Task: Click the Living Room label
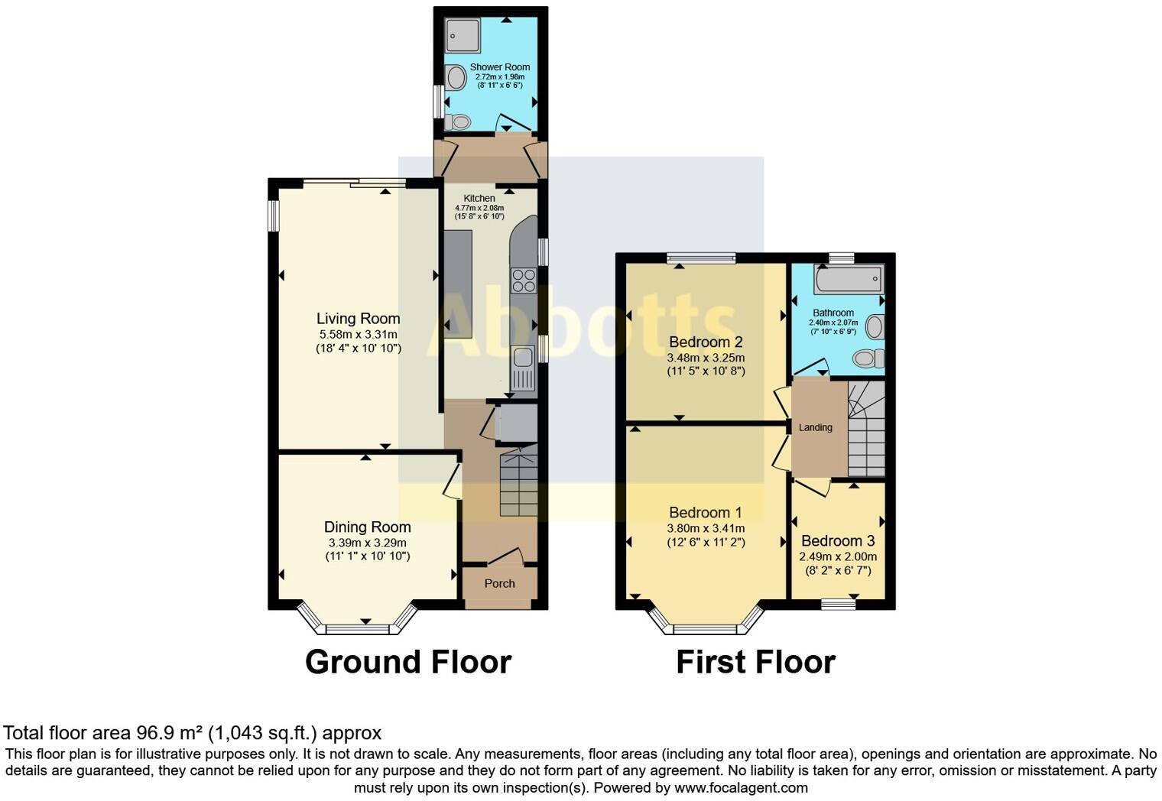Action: click(x=358, y=319)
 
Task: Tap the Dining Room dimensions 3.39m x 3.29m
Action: click(x=367, y=543)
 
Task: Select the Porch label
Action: click(x=499, y=584)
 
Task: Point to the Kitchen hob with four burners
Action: click(x=524, y=281)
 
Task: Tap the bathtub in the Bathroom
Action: click(x=849, y=280)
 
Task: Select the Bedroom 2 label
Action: click(x=706, y=342)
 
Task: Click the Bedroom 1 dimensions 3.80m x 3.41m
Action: click(x=706, y=528)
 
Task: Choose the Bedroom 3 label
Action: click(x=838, y=541)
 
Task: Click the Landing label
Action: click(x=815, y=428)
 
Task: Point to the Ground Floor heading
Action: click(x=408, y=662)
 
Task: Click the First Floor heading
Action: click(x=755, y=662)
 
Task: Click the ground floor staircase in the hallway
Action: click(x=519, y=483)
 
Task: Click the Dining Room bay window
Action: click(x=358, y=628)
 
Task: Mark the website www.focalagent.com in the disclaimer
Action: click(x=741, y=787)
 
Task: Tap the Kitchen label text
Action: click(x=479, y=198)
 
